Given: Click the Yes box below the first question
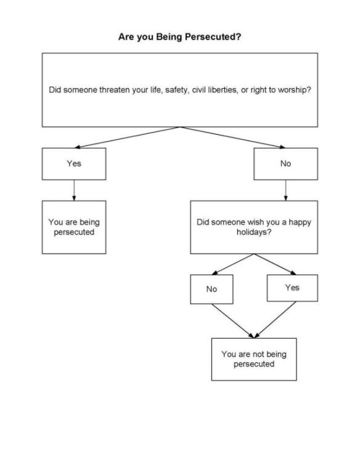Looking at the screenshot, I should (74, 164).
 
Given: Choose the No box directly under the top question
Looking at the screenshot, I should (285, 164).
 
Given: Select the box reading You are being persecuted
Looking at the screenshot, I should (74, 227).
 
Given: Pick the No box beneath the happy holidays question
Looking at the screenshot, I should (211, 289).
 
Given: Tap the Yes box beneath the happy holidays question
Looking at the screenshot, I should (292, 288).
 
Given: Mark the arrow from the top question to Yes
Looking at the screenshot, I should (126, 137).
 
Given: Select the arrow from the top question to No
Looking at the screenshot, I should (233, 137).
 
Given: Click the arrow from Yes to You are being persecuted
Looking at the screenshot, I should (74, 190).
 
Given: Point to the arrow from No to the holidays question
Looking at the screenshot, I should (285, 190).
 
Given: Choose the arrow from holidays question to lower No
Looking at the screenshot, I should (232, 264).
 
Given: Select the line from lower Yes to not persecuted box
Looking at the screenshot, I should (274, 320).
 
